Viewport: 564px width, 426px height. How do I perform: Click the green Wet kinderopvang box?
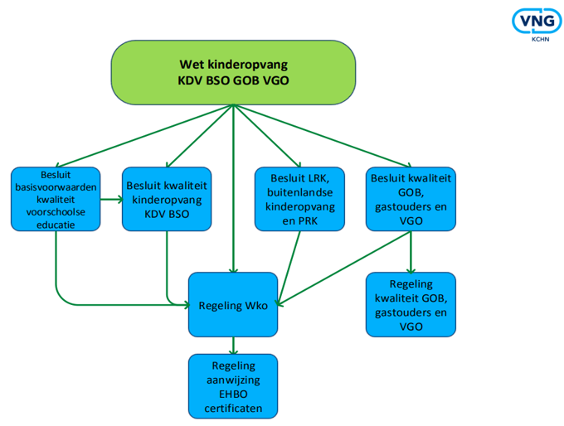[233, 72]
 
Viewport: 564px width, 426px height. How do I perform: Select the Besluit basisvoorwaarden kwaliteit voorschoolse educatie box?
[56, 199]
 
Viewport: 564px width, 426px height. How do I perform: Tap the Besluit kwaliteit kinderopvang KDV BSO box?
[167, 199]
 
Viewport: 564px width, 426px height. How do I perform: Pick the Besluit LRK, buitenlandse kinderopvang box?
[299, 199]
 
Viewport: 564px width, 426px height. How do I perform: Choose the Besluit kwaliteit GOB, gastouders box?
[410, 199]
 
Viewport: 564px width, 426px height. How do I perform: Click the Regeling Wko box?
[233, 304]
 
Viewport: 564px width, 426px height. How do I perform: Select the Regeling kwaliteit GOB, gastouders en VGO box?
[410, 304]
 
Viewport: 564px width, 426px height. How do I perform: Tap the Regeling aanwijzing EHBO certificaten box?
[233, 386]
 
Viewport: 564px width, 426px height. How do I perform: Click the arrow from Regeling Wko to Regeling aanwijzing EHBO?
[233, 345]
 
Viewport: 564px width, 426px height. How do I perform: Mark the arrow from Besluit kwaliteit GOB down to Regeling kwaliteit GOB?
[410, 252]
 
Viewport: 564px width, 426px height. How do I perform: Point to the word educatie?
[55, 223]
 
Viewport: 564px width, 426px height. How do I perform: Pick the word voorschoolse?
[55, 211]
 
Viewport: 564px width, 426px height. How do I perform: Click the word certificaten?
[233, 408]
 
